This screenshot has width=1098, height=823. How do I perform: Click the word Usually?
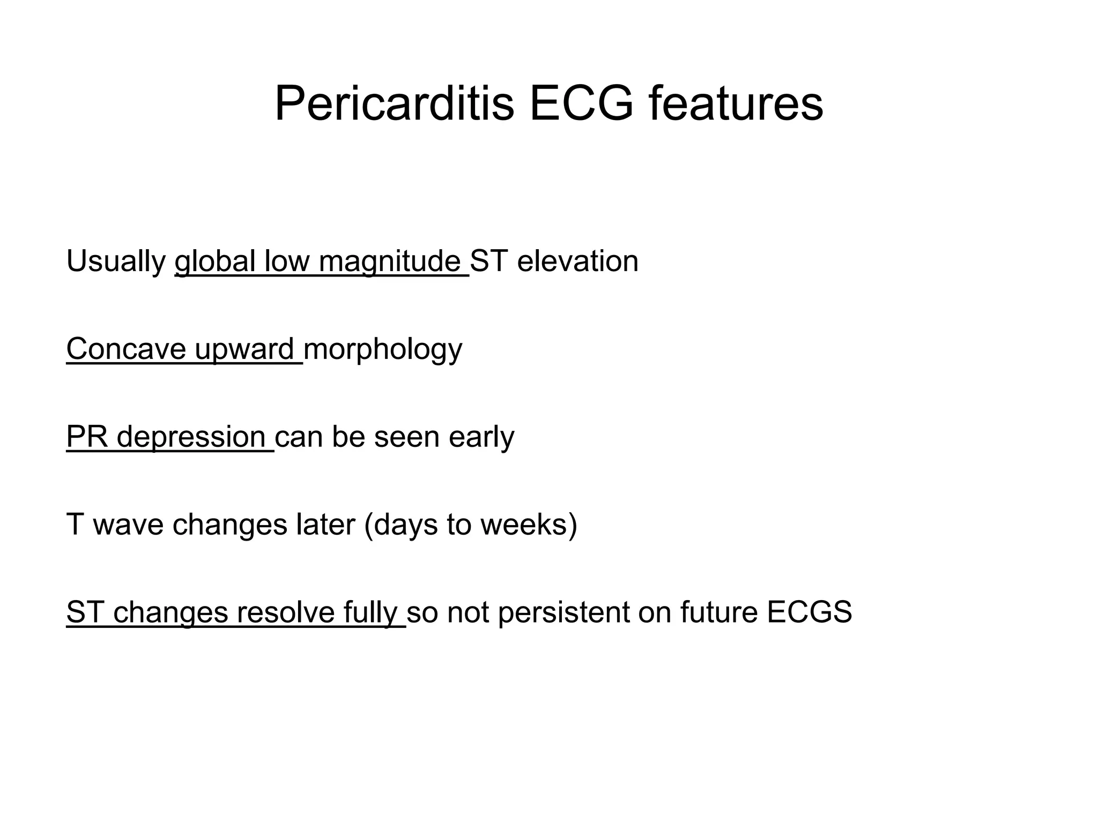(x=116, y=262)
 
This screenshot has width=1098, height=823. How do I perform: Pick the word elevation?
(x=577, y=262)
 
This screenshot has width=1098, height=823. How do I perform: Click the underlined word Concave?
(x=125, y=349)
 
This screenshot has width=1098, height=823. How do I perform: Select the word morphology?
(x=382, y=349)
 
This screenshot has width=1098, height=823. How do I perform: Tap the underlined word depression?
(x=191, y=437)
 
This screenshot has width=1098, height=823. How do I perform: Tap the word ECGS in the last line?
(x=809, y=612)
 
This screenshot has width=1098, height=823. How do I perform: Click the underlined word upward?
(x=244, y=349)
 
